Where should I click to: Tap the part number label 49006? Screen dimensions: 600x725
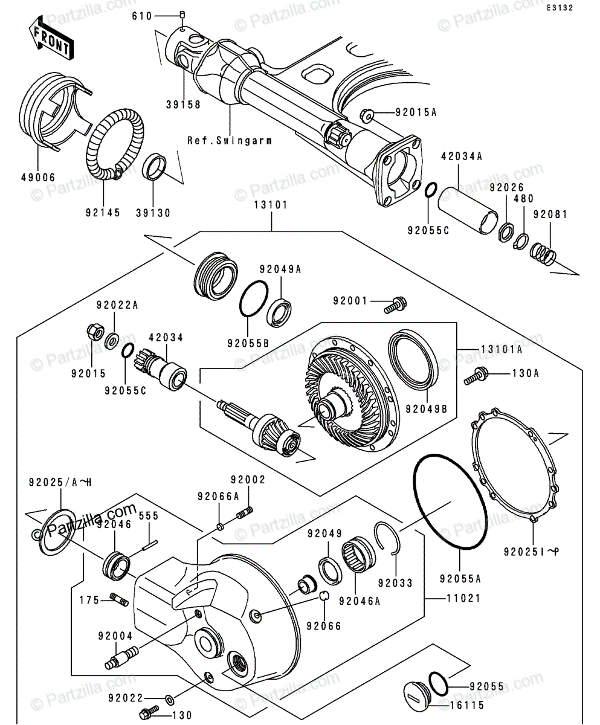(39, 178)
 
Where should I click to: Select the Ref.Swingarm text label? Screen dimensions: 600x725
(230, 141)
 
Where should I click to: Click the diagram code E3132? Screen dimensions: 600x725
(560, 8)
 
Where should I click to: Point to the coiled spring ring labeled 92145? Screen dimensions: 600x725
(115, 144)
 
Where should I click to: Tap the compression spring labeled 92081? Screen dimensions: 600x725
(543, 254)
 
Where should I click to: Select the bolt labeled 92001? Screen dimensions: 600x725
(396, 305)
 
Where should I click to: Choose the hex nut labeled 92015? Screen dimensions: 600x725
(94, 332)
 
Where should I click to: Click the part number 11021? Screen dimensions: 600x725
(463, 598)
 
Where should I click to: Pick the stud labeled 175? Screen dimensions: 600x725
(120, 600)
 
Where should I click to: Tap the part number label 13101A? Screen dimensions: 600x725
(502, 349)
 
